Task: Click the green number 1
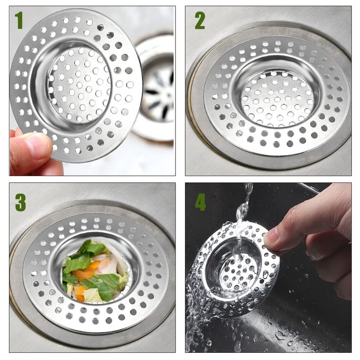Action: click(x=18, y=20)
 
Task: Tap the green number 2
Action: click(x=199, y=20)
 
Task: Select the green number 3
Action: click(x=20, y=202)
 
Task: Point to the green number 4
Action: click(x=200, y=202)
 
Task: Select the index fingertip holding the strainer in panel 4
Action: click(x=273, y=238)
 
